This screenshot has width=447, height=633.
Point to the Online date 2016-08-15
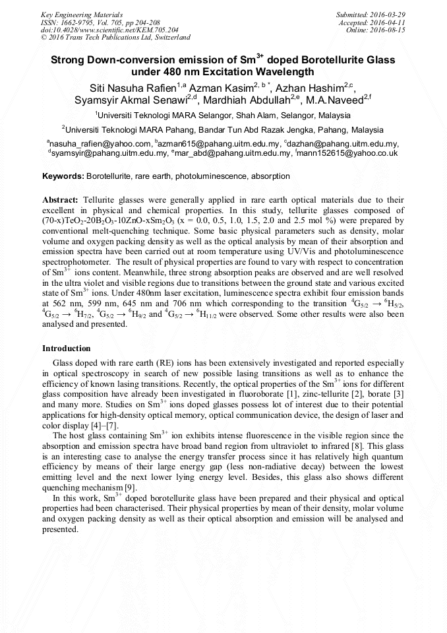point(389,30)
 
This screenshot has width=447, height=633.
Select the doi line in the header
point(109,30)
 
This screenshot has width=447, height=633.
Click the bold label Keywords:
point(63,177)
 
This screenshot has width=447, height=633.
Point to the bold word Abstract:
point(61,199)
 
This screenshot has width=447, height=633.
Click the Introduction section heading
point(67,348)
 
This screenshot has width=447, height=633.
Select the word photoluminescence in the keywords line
point(210,177)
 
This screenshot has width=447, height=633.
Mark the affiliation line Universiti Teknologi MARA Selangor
point(223,115)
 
